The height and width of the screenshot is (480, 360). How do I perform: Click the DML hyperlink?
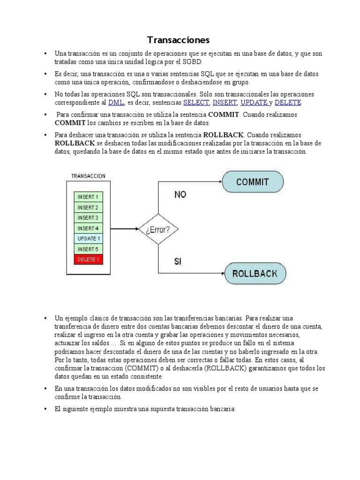coord(115,102)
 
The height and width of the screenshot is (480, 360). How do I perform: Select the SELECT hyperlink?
coord(195,102)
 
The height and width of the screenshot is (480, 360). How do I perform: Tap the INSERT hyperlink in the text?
coord(225,102)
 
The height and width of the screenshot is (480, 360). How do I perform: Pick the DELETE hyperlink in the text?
coord(288,102)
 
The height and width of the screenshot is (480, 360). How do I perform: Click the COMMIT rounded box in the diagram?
coord(253,182)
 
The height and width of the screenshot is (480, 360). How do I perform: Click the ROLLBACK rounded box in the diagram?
coord(255,273)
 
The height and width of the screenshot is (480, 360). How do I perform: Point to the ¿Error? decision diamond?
coord(158,230)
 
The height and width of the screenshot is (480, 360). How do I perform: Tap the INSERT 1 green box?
coord(88,197)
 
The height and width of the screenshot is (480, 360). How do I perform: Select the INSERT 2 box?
coord(88,207)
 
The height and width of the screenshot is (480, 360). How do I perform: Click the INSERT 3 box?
coord(88,217)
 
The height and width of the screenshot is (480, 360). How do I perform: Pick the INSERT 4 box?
coord(88,228)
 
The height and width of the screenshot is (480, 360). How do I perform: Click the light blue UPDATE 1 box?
coord(88,239)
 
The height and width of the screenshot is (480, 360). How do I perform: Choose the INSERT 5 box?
coord(88,249)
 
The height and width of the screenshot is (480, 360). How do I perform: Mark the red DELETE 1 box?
coord(88,259)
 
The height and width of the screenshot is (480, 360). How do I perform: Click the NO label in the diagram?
coord(180,195)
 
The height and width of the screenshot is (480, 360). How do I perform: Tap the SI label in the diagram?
coord(178,262)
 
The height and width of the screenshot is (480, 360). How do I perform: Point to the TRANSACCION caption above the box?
coord(88,176)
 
